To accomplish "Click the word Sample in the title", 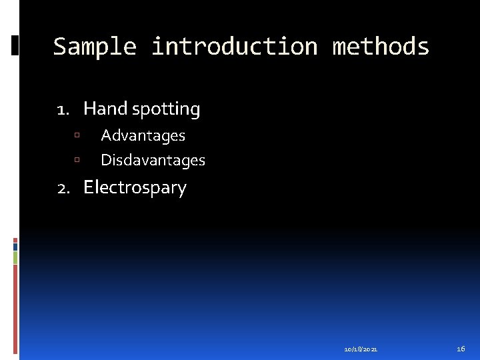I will [x=95, y=47].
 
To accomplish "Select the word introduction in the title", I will [x=234, y=47].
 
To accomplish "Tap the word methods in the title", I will [x=381, y=47].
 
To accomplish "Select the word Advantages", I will [x=143, y=135].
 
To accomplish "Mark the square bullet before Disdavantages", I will [x=77, y=161].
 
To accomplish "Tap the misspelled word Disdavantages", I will [x=153, y=160].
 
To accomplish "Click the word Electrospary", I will [x=135, y=187].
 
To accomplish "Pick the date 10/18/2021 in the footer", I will [x=361, y=349].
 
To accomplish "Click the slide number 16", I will [x=461, y=349].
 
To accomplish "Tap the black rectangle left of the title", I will [x=15, y=45].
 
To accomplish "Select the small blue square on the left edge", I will [x=15, y=245].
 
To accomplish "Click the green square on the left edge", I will [x=15, y=257].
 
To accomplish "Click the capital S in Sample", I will [x=61, y=47].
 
